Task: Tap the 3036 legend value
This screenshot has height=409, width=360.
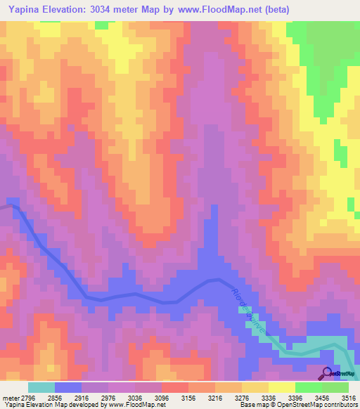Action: [x=134, y=398]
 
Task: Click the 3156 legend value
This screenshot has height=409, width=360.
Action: [x=188, y=398]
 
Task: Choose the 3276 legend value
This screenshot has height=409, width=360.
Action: [x=241, y=398]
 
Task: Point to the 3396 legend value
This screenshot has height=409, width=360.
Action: [x=295, y=398]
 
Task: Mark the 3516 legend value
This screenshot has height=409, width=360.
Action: [x=348, y=398]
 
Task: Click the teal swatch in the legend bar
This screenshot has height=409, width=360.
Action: [x=41, y=387]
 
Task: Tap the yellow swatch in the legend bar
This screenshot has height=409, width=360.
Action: [x=281, y=387]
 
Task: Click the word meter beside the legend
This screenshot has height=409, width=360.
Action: [x=9, y=398]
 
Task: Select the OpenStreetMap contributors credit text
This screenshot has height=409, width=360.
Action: [x=323, y=405]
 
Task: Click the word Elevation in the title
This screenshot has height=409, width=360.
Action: [x=72, y=9]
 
